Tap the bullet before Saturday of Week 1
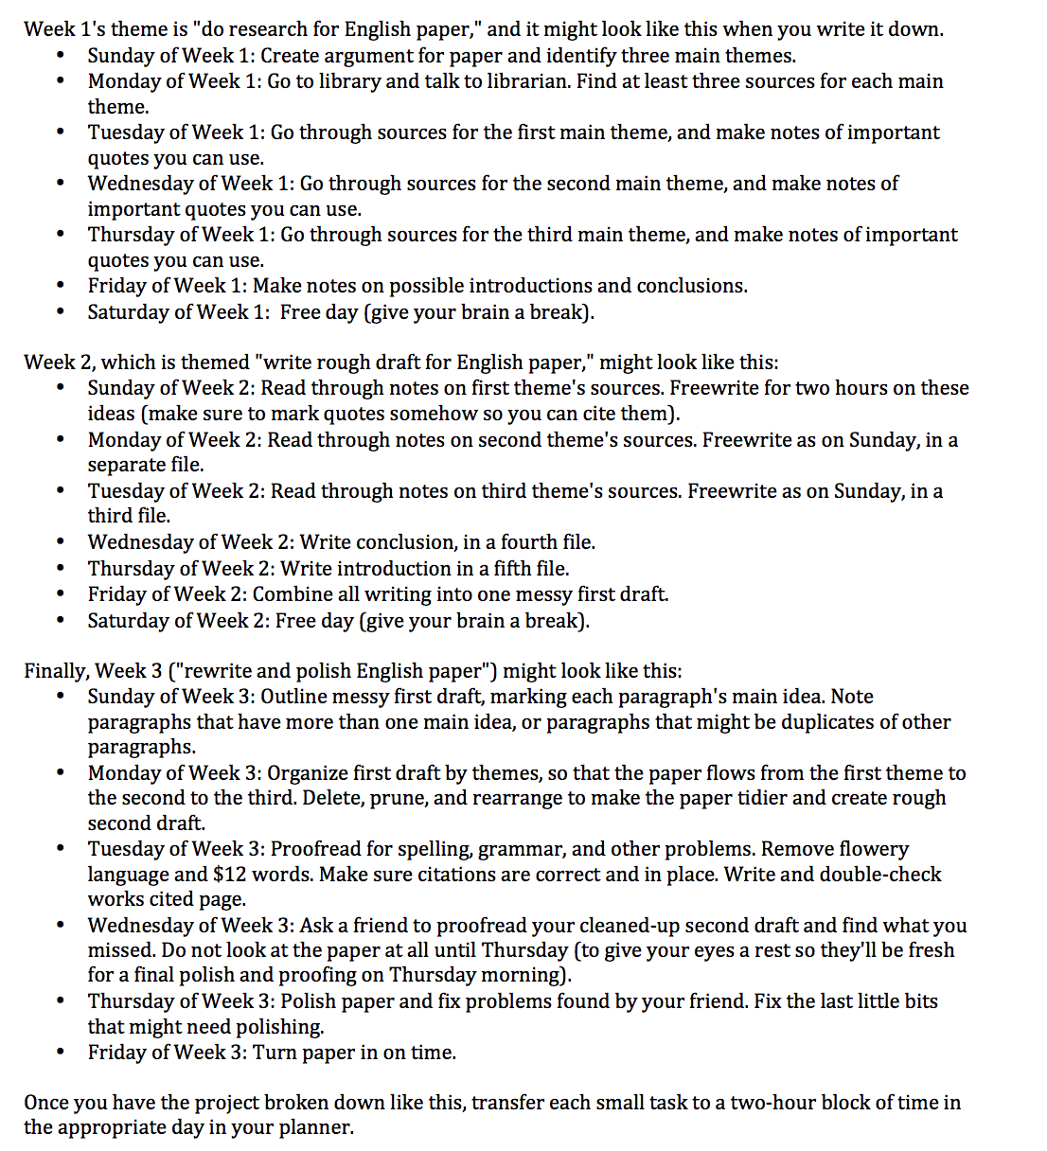pyautogui.click(x=62, y=312)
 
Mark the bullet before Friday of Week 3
pyautogui.click(x=62, y=1053)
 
